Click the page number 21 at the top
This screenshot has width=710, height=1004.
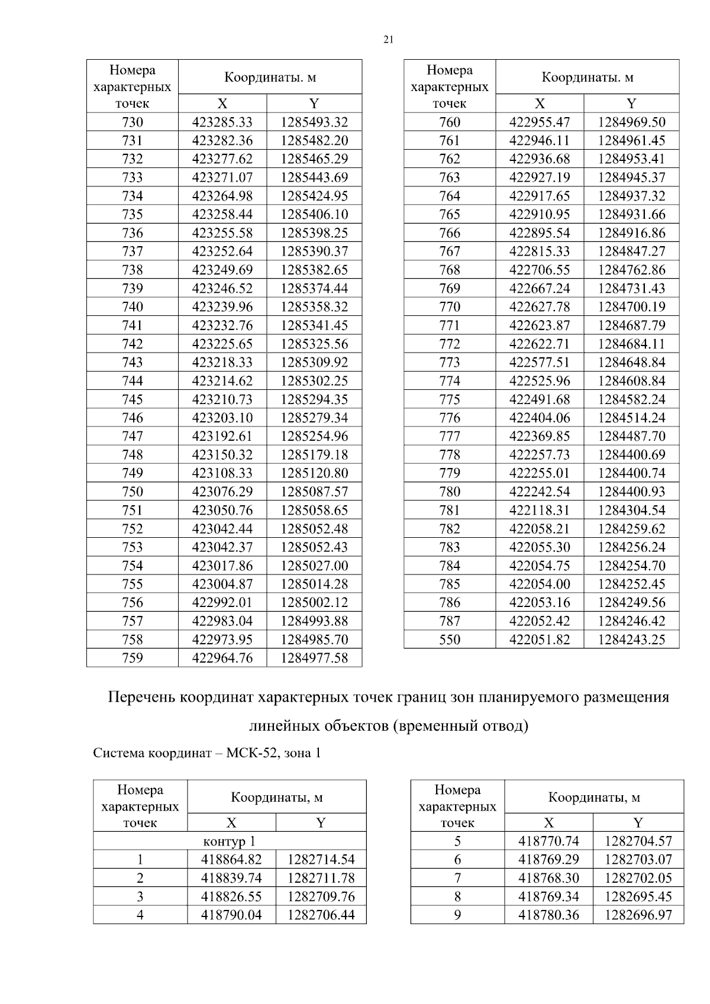click(388, 40)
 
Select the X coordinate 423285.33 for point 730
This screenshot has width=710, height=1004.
click(222, 122)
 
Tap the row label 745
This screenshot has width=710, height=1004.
click(132, 399)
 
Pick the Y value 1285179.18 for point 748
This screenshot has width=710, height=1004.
click(314, 455)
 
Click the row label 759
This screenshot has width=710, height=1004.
click(132, 658)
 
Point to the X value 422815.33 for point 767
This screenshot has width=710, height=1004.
click(540, 251)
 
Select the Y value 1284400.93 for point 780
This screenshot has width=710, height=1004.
click(631, 492)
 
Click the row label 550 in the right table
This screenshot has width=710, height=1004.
click(450, 640)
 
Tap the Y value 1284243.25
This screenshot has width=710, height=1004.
click(631, 640)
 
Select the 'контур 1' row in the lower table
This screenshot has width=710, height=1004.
click(229, 841)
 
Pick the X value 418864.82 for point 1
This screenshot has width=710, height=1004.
click(231, 860)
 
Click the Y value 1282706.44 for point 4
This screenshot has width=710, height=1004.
click(321, 915)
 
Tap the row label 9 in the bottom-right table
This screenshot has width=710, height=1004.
click(457, 915)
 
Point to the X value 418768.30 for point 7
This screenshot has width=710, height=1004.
click(548, 878)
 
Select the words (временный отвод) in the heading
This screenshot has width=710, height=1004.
click(460, 725)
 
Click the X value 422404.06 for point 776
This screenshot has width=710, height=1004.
click(540, 418)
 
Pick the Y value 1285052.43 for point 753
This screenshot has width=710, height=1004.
click(314, 547)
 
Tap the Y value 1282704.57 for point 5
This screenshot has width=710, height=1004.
click(638, 841)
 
